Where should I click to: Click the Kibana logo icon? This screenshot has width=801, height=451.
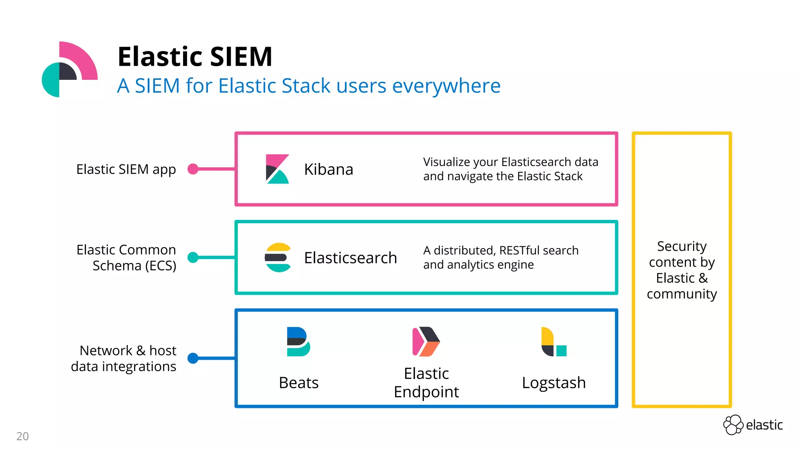coord(277,169)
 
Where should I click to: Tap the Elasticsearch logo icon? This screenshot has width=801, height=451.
coord(278,258)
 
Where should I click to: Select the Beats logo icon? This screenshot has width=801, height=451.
coord(298,341)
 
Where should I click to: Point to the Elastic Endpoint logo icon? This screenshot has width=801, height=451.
coord(426,341)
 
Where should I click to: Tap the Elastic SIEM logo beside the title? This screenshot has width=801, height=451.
coord(70,69)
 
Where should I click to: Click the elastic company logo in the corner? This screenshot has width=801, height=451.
coord(753,425)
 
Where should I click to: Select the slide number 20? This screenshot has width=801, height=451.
coord(23,436)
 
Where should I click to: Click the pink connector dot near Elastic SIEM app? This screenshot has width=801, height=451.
coord(193,169)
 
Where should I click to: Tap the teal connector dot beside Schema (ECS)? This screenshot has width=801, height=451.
coord(193,258)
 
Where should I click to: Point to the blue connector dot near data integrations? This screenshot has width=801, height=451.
coord(193,358)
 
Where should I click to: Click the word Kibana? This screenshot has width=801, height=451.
coord(329,169)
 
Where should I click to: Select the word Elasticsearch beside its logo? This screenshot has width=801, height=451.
coord(350,258)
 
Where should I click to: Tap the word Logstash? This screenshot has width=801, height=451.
coord(554,383)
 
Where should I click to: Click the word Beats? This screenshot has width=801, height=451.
coord(299,382)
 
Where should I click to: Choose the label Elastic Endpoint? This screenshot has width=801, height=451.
coord(426,382)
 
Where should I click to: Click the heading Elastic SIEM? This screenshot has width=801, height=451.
coord(195,56)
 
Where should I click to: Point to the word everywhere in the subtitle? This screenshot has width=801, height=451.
coord(446,86)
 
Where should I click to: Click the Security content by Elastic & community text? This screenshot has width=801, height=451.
coord(682,270)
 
